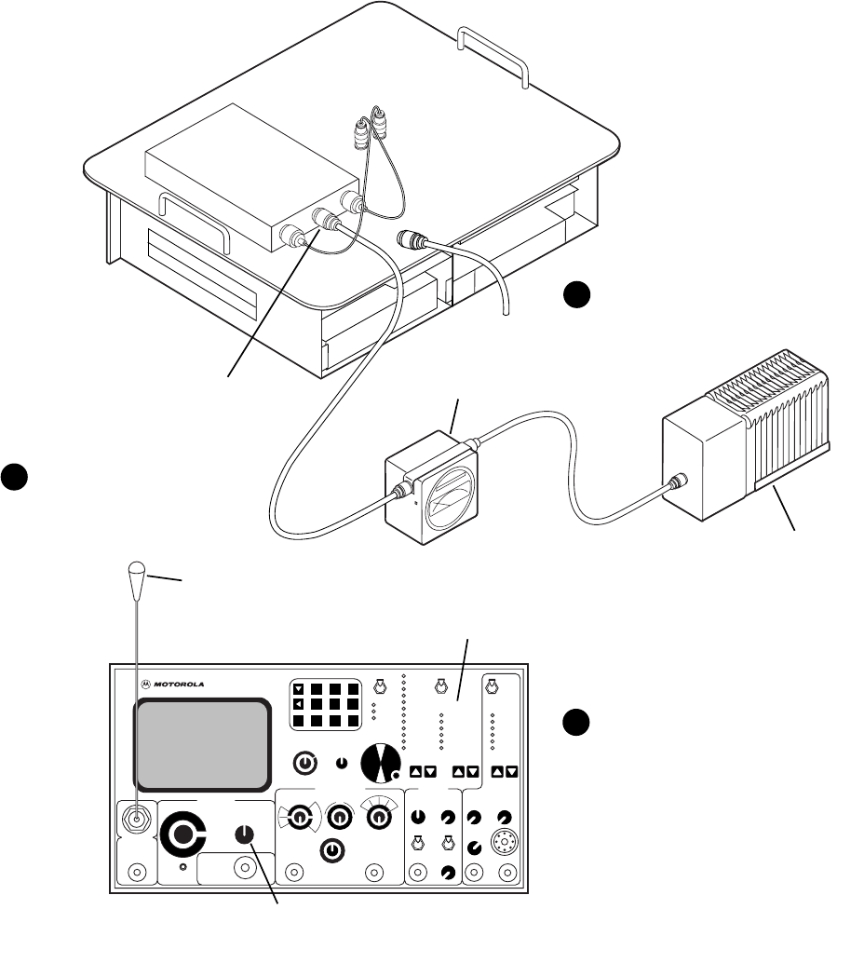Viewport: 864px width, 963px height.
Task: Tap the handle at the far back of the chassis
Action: (494, 55)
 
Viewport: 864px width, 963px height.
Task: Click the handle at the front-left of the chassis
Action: (194, 213)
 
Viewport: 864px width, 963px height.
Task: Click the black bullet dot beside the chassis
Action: (576, 296)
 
